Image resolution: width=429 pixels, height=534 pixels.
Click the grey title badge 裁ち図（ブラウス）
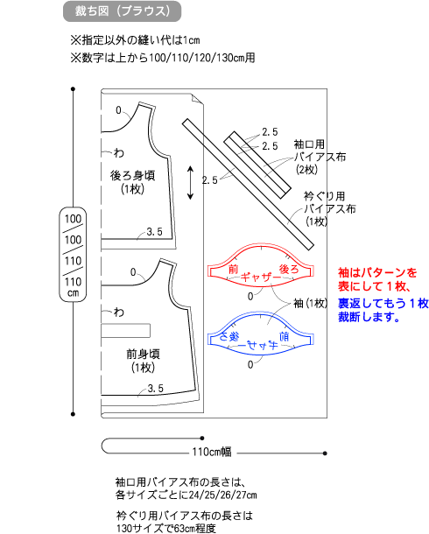tap(123, 11)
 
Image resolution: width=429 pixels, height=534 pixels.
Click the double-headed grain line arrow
tap(190, 183)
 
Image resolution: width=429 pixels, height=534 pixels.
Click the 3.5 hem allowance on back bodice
tap(155, 232)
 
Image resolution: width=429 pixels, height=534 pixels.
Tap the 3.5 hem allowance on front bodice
tap(156, 388)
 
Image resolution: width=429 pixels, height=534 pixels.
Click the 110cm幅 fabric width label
tap(212, 452)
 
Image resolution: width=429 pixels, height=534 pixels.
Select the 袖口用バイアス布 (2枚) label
tap(320, 157)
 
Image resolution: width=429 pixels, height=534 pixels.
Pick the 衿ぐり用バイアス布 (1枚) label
tap(329, 208)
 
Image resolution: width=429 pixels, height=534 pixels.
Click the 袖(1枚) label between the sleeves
tap(310, 303)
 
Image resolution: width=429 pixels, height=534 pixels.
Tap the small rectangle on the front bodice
tap(126, 330)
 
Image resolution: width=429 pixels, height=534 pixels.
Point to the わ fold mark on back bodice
tap(119, 152)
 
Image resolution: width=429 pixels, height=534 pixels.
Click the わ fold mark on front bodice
tap(119, 312)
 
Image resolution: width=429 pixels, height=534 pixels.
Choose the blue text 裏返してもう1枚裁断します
tap(383, 310)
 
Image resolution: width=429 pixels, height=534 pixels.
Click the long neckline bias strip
tap(248, 184)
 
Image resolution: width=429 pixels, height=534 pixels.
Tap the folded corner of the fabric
tap(198, 99)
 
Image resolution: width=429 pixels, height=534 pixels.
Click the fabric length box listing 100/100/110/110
tap(73, 255)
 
